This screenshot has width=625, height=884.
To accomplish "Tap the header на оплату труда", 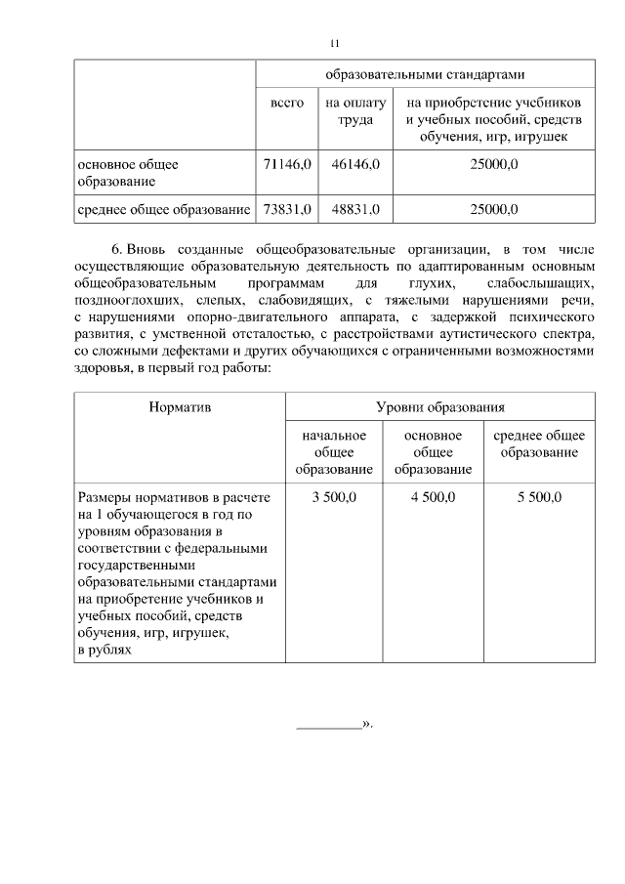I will click(355, 111).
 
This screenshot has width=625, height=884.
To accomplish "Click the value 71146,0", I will click(287, 165).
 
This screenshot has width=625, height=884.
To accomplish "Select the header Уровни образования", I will click(439, 405).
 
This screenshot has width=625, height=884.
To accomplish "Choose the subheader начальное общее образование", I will click(334, 452).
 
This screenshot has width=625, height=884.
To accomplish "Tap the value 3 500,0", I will click(334, 497).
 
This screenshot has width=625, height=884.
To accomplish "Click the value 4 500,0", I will click(433, 497).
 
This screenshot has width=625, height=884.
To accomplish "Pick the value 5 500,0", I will click(538, 497).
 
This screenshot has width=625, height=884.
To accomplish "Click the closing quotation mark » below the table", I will click(367, 726).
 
